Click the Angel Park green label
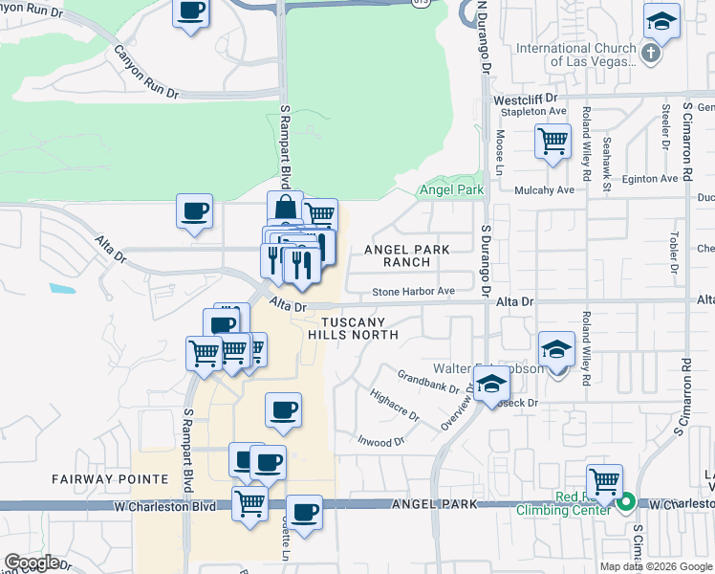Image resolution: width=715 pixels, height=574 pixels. tap(452, 190)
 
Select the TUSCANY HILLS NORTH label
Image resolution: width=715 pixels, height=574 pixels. tap(353, 328)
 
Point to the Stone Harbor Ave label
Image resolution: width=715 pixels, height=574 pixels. tap(414, 291)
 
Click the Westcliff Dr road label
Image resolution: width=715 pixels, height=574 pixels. tap(525, 99)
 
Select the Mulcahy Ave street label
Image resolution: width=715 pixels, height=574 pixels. tap(544, 189)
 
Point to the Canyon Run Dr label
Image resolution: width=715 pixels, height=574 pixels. tap(146, 73)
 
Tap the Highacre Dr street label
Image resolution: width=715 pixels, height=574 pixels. tap(394, 406)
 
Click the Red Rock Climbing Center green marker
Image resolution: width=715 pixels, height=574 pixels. tap(626, 501)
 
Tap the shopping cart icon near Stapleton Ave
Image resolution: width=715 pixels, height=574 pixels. tap(553, 140)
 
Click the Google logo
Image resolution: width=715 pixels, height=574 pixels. tap(32, 563)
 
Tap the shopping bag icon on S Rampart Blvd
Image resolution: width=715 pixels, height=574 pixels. tap(285, 206)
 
